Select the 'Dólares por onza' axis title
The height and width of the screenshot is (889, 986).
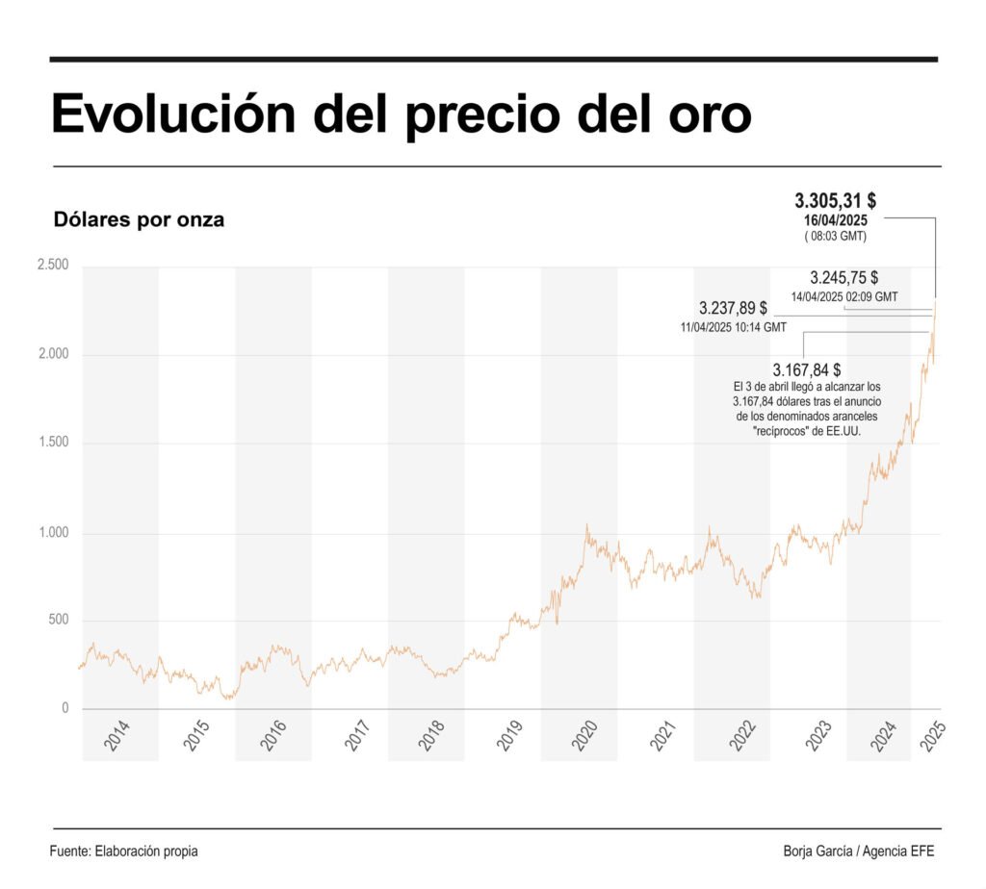(x=139, y=219)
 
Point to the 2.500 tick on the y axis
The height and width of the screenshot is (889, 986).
(x=52, y=265)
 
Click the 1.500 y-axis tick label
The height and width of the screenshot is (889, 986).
(x=52, y=443)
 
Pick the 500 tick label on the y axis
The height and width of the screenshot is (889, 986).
(x=59, y=620)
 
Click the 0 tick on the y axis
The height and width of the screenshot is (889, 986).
(x=65, y=708)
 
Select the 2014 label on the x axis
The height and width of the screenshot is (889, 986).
(x=116, y=739)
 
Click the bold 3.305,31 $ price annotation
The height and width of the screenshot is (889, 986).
(x=835, y=201)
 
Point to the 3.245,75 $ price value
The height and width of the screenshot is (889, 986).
(x=843, y=277)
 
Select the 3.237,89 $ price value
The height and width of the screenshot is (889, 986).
(x=733, y=309)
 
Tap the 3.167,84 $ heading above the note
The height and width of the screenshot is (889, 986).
(x=807, y=370)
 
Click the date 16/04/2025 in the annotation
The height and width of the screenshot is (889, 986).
(x=836, y=219)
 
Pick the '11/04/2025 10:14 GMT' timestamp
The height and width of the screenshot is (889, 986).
(x=733, y=328)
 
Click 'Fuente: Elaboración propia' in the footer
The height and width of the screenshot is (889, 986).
(x=124, y=851)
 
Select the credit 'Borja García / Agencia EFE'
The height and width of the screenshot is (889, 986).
(x=859, y=851)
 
